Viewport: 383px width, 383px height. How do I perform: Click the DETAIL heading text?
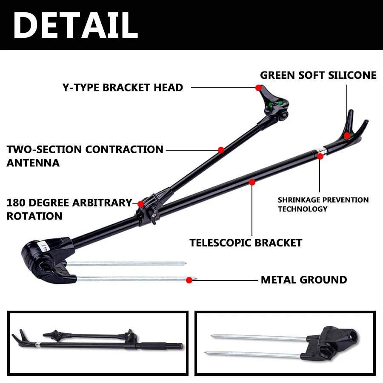[75, 25]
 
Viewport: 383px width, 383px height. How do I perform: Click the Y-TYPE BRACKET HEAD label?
[123, 88]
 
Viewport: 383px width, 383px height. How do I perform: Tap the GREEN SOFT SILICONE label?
[318, 75]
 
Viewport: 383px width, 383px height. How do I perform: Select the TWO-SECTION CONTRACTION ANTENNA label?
[85, 156]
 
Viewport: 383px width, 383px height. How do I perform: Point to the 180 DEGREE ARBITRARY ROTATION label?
[69, 209]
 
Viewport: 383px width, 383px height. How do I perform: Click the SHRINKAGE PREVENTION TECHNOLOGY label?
[323, 204]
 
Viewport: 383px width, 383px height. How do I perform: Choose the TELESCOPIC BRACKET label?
[246, 243]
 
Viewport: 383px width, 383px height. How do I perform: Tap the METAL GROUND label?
[304, 280]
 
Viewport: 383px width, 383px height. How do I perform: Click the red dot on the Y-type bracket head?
[258, 88]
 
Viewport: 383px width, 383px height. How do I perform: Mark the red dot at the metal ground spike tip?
[189, 280]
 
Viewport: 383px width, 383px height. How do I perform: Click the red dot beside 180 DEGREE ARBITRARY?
[141, 203]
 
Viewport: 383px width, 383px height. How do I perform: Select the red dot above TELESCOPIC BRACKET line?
[252, 182]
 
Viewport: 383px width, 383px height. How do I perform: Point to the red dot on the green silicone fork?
[347, 135]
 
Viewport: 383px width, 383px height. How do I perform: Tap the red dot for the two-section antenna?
[221, 150]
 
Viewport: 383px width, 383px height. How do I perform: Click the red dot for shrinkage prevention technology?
[320, 157]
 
